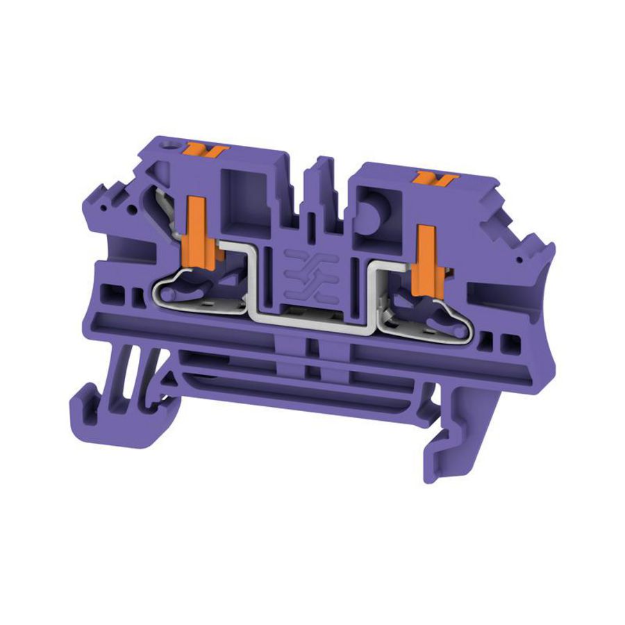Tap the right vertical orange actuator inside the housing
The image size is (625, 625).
422,255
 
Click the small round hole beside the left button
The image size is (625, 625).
167,149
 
